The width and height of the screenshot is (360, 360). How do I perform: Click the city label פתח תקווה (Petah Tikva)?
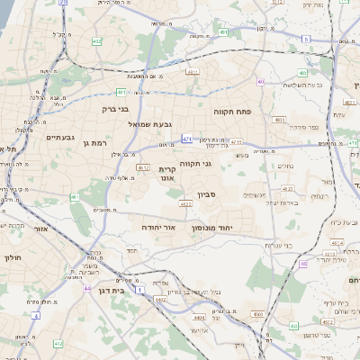(232, 112)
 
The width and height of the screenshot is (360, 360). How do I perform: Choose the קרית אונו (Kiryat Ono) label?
(166, 173)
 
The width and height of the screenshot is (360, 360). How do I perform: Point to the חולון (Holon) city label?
(13, 258)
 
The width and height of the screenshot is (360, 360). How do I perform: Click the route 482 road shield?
(96, 41)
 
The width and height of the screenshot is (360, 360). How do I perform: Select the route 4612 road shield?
(143, 166)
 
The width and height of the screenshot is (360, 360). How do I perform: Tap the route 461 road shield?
(75, 197)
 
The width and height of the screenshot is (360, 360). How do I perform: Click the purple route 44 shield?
(85, 289)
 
